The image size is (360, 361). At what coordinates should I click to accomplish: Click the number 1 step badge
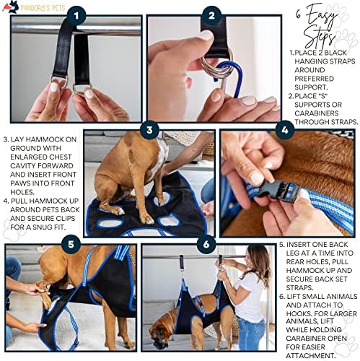(76, 16)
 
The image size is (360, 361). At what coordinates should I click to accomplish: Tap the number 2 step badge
(211, 16)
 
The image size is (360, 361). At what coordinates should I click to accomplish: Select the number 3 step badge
(149, 130)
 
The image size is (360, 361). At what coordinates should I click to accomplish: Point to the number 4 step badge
(285, 130)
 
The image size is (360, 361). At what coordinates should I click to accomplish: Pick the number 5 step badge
(71, 244)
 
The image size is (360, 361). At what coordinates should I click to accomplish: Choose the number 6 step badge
(206, 245)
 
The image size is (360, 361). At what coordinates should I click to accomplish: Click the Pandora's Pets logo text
(43, 8)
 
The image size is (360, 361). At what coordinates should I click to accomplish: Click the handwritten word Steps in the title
(320, 38)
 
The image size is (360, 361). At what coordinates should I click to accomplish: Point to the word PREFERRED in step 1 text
(315, 79)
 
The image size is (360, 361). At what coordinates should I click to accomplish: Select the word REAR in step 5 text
(295, 262)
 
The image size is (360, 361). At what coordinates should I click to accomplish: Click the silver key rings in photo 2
(218, 64)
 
